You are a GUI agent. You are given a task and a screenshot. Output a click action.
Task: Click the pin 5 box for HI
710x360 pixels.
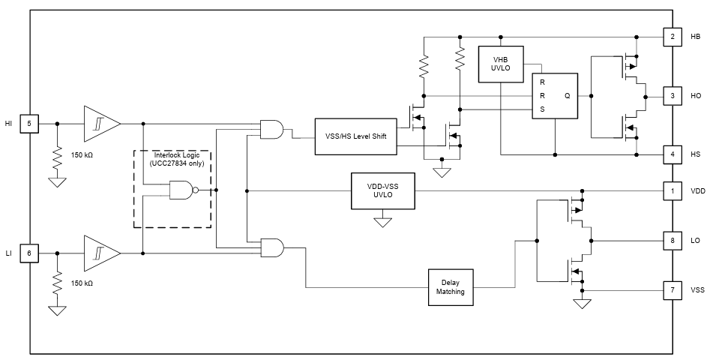(30, 122)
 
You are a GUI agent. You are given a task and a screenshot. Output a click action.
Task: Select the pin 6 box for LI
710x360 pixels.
(30, 253)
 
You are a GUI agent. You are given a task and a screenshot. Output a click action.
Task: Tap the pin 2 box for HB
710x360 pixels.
(673, 37)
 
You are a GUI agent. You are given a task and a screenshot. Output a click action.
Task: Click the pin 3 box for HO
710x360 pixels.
(673, 96)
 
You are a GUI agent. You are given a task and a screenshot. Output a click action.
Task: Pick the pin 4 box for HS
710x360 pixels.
(673, 154)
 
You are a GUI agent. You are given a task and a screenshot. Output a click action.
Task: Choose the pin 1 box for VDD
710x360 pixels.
(673, 190)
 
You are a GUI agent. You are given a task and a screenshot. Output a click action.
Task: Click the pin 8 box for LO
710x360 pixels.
(673, 241)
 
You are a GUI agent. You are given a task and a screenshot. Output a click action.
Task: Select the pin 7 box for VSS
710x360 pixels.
(673, 289)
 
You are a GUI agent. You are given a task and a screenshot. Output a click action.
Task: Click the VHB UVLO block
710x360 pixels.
(500, 64)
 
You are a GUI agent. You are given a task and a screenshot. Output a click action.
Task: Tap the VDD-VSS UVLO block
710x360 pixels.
(382, 190)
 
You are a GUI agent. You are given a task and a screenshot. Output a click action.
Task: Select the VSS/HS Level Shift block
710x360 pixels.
(356, 136)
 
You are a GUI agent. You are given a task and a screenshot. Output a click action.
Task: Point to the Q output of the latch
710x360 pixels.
(567, 96)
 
